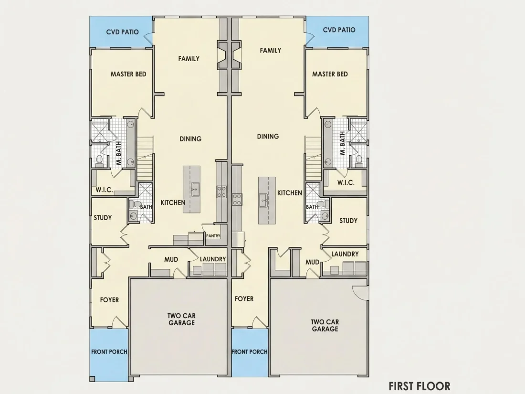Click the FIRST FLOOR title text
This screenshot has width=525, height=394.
(x=419, y=386)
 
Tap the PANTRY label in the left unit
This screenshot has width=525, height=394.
(x=213, y=236)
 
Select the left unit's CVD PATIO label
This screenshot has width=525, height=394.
(x=123, y=32)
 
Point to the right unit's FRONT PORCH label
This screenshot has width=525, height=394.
(x=250, y=352)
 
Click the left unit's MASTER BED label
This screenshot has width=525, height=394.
(x=128, y=74)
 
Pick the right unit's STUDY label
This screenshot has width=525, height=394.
(x=348, y=221)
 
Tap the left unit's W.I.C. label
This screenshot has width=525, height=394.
(x=104, y=190)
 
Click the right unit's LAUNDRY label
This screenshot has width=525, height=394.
(x=345, y=254)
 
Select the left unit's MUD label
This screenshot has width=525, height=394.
(x=171, y=259)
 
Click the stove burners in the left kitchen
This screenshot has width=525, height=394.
(x=221, y=192)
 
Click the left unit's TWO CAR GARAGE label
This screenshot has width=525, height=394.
(x=181, y=319)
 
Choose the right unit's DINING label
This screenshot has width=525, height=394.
(x=268, y=137)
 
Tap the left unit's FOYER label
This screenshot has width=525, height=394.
(x=109, y=300)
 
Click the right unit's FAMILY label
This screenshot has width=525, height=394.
(x=271, y=50)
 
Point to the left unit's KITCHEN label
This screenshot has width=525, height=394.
(x=173, y=202)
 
